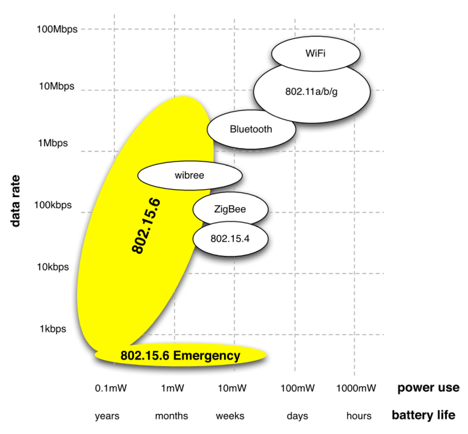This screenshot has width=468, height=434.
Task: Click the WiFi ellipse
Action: click(316, 53)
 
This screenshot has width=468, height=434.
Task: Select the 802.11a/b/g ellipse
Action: click(312, 91)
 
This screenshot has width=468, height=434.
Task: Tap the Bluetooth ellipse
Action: click(251, 129)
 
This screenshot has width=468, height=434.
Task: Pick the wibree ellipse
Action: click(189, 175)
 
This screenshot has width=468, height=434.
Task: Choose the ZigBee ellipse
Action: click(230, 209)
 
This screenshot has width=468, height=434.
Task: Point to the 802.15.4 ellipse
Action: click(230, 238)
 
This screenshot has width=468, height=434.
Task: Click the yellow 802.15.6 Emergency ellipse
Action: click(180, 355)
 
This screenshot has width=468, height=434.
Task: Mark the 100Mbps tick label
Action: click(57, 29)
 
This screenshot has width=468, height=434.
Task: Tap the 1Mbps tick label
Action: click(53, 143)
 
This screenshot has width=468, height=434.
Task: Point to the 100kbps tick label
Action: click(53, 205)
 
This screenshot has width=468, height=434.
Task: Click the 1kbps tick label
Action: click(53, 329)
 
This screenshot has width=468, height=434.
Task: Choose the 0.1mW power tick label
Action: click(111, 388)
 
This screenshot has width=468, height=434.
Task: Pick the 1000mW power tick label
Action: click(356, 388)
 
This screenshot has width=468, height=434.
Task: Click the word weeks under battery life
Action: click(230, 416)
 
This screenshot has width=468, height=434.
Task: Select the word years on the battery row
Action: click(107, 416)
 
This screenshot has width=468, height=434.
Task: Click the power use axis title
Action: click(428, 388)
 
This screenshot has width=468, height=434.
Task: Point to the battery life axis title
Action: click(423, 415)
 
